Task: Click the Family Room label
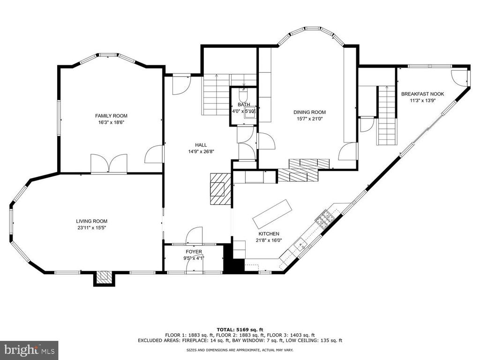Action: pyautogui.click(x=111, y=116)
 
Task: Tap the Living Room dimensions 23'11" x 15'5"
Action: pyautogui.click(x=92, y=227)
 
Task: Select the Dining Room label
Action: pyautogui.click(x=309, y=112)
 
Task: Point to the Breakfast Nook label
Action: pyautogui.click(x=422, y=94)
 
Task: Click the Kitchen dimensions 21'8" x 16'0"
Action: pyautogui.click(x=269, y=240)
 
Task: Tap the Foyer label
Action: pyautogui.click(x=194, y=252)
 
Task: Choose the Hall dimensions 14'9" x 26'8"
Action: pyautogui.click(x=201, y=151)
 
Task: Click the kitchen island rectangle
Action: pyautogui.click(x=272, y=214)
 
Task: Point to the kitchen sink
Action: pyautogui.click(x=300, y=244)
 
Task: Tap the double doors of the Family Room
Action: pyautogui.click(x=109, y=164)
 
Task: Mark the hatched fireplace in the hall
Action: pyautogui.click(x=220, y=189)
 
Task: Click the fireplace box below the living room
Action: pyautogui.click(x=104, y=278)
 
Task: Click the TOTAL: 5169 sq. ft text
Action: pyautogui.click(x=240, y=330)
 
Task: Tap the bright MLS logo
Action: pyautogui.click(x=29, y=350)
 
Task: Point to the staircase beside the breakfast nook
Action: pyautogui.click(x=387, y=116)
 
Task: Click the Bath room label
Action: pyautogui.click(x=244, y=105)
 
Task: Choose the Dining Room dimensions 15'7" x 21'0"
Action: pyautogui.click(x=309, y=119)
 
